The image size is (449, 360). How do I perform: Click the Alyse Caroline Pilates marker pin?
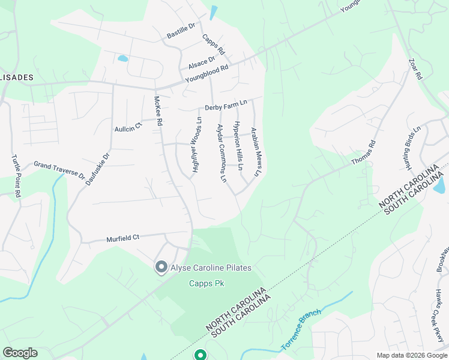pos(161,267)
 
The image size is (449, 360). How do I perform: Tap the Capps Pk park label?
pos(206,283)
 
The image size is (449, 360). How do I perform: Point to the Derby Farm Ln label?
pos(226,106)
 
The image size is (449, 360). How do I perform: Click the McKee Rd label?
pos(158,111)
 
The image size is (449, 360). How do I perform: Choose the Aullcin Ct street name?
pos(127,125)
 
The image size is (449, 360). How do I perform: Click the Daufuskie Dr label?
pos(98,169)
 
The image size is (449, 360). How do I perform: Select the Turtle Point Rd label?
pos(16,176)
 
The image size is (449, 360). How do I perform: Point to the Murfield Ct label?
pos(123,238)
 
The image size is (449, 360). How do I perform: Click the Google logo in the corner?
pos(20,352)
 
